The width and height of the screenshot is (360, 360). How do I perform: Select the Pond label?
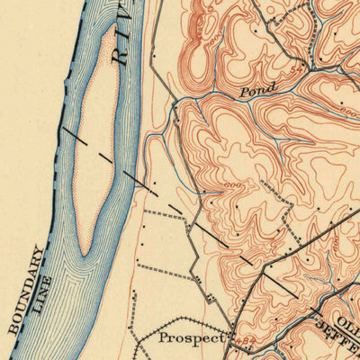tap(257, 91)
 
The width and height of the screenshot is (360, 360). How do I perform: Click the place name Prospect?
tap(190, 339)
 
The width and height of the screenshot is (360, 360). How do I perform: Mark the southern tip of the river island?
tap(83, 253)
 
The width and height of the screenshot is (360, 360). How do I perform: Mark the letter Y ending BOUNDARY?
tap(40, 249)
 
